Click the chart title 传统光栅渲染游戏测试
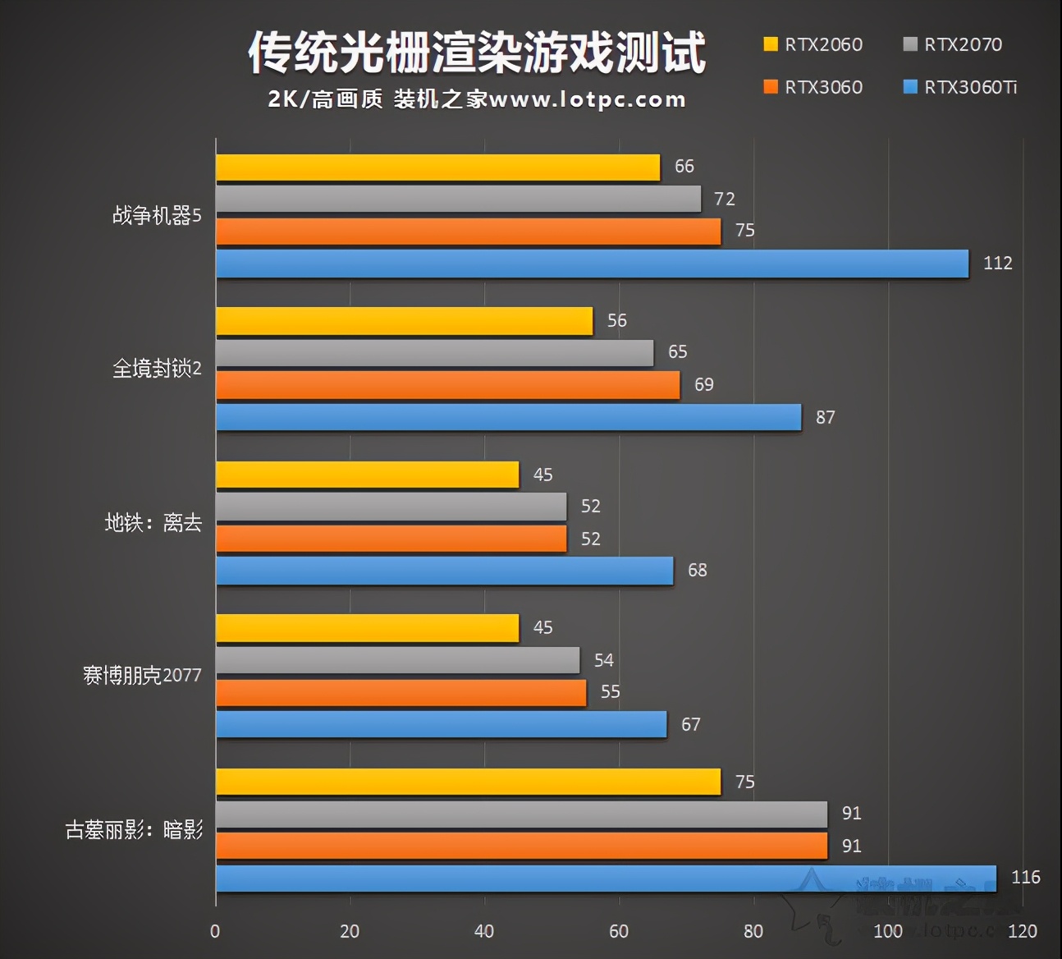pos(477,53)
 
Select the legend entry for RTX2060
pos(813,44)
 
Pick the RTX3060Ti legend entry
pos(960,87)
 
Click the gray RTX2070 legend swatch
pos(910,44)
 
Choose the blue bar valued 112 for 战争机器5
pos(592,264)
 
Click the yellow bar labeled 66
pos(437,167)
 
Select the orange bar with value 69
pos(448,385)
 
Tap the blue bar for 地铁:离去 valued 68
pos(444,571)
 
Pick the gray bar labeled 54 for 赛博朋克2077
pos(398,660)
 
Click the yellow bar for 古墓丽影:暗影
pos(468,782)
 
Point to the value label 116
pos(1025,877)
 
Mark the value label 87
pos(825,417)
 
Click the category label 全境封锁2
pos(157,369)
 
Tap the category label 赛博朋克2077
pos(142,676)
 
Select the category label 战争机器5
pos(157,215)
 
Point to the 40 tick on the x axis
pos(483,931)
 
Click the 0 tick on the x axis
pos(215,931)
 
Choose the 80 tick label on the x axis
pos(753,931)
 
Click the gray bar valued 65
pos(434,353)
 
